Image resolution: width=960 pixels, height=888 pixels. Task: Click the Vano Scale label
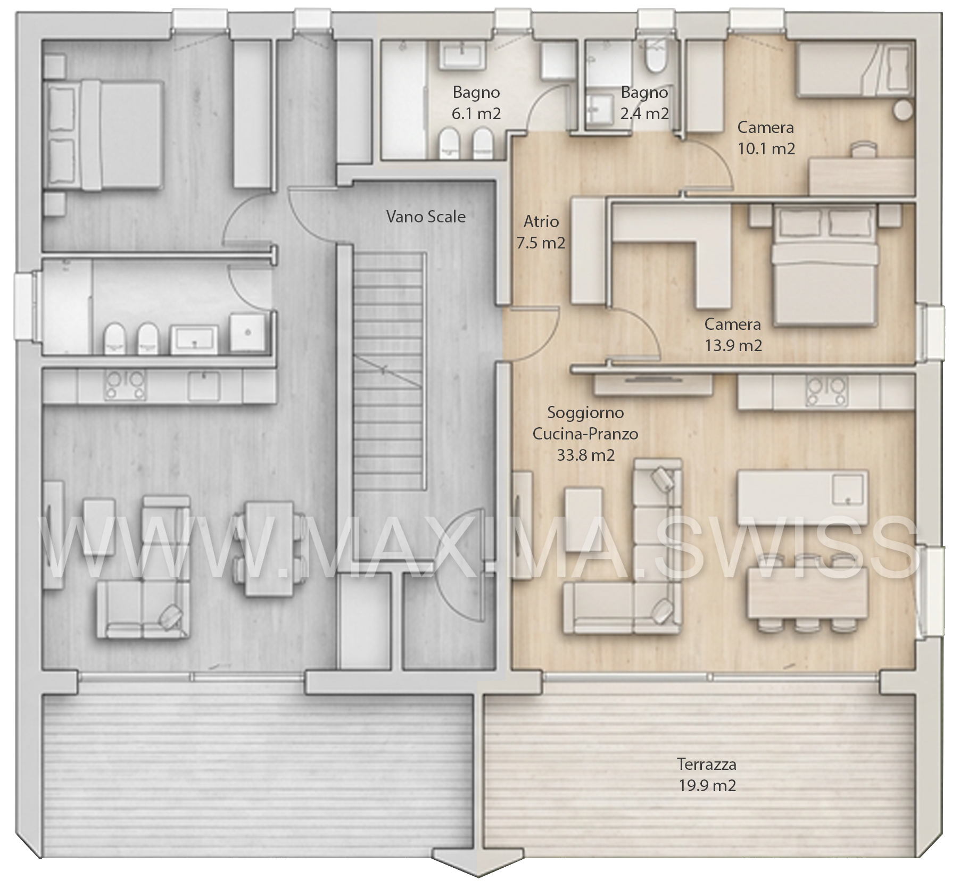click(426, 217)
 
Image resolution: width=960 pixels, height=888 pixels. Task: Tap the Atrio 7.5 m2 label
click(541, 232)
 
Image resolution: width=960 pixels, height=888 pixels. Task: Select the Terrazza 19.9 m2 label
click(707, 775)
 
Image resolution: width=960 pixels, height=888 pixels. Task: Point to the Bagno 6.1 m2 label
click(476, 103)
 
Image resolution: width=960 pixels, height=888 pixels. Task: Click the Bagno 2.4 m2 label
click(644, 103)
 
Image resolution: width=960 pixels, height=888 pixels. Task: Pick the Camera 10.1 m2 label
click(766, 138)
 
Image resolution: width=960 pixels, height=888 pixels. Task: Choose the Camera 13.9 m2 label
click(733, 335)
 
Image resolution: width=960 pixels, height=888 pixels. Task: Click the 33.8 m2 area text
click(585, 455)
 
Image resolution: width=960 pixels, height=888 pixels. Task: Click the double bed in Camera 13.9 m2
click(824, 265)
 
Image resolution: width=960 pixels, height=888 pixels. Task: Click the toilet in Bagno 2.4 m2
click(655, 56)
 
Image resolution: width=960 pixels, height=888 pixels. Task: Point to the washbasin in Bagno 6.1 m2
click(461, 56)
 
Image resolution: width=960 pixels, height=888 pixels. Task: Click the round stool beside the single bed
click(903, 111)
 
